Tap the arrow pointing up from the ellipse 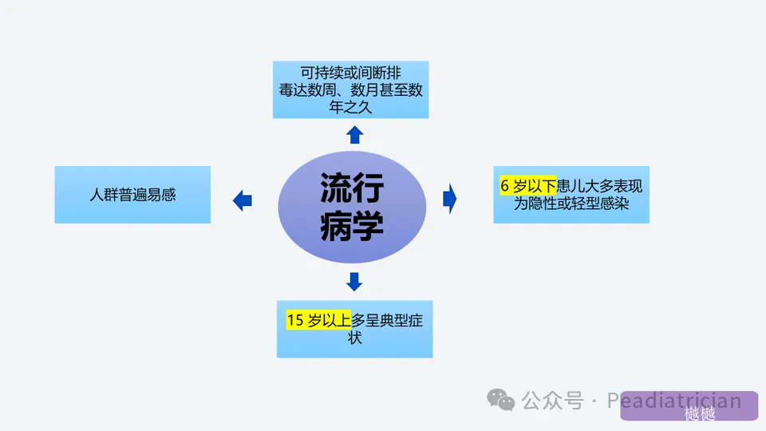[354, 134]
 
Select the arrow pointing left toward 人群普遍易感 [243, 200]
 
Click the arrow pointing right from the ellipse [450, 198]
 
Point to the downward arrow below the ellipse [354, 281]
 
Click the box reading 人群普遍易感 [132, 195]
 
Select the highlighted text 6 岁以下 [527, 187]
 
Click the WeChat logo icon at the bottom [501, 399]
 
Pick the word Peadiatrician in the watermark [674, 401]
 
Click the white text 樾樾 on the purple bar [700, 414]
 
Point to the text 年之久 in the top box [351, 107]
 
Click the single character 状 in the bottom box [355, 338]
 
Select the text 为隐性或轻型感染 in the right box [571, 204]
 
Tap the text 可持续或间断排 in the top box [351, 72]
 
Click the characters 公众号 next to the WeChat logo [553, 401]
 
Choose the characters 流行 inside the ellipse [352, 189]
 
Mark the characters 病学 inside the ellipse [352, 227]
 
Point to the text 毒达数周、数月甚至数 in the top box [351, 89]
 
